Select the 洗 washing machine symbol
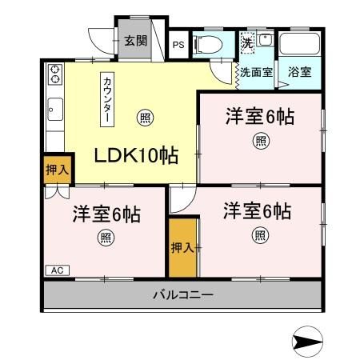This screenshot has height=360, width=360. [x=249, y=42]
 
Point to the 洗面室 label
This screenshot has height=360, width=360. [x=256, y=71]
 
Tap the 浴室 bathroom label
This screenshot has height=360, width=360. [x=302, y=72]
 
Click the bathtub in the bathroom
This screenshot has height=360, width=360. [x=302, y=44]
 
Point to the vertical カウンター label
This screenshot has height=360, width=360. [x=106, y=99]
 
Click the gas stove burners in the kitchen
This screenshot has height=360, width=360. [x=55, y=75]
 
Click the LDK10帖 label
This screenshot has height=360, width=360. [x=138, y=154]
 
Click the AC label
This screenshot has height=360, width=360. [x=56, y=270]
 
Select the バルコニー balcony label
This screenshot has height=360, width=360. [x=183, y=295]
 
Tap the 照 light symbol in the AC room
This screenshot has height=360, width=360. [x=105, y=237]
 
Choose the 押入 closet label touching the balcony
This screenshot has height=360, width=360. [x=182, y=248]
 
